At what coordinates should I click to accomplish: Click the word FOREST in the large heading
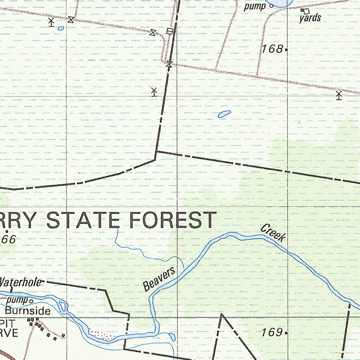coord(173,220)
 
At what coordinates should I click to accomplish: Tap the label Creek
coord(273,233)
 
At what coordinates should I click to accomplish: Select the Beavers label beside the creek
coord(159,279)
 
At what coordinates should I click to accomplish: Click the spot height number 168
coord(272,49)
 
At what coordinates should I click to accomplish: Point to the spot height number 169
coord(272,332)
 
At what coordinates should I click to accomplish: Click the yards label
coord(310,18)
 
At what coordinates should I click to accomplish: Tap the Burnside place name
coord(27,311)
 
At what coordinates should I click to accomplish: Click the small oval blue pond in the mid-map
coord(224,114)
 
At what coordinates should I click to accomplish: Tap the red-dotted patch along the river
coord(102,334)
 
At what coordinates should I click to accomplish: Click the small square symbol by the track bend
coord(170,31)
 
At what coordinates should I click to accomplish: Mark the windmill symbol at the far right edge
coord(339,95)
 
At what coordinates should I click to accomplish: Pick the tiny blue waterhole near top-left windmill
coord(61,28)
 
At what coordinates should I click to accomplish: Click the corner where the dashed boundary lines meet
coord(156,152)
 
